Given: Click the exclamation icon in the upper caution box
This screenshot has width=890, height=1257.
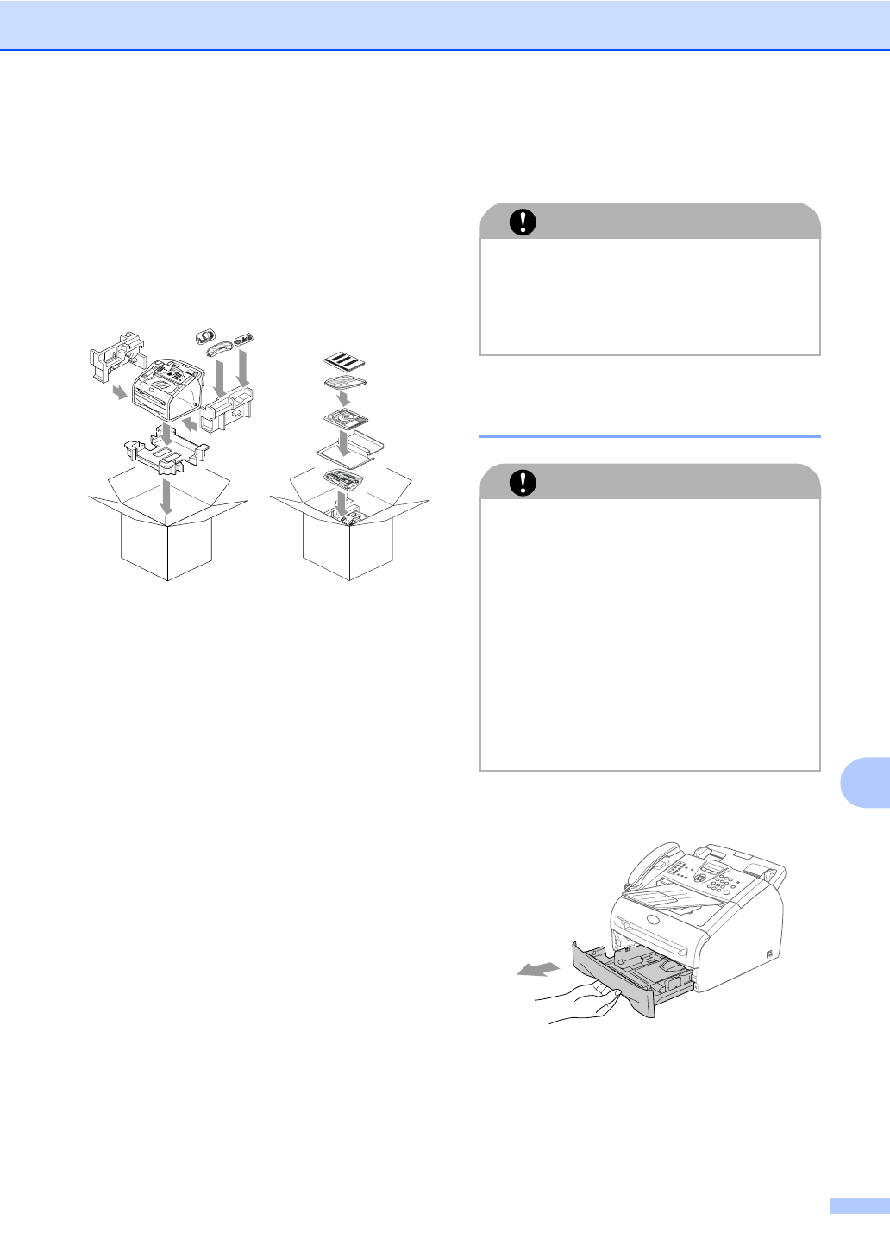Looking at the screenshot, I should click(x=522, y=222).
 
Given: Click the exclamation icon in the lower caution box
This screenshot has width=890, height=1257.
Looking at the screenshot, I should click(x=522, y=483).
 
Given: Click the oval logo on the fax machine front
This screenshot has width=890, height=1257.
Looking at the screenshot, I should click(x=652, y=920).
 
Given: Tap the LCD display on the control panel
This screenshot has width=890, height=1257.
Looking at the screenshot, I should click(x=712, y=864).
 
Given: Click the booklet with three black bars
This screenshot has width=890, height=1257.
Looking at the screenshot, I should click(x=346, y=360).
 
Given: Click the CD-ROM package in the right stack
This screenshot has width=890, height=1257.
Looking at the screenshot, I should click(x=346, y=421).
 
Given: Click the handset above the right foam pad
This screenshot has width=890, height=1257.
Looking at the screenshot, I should click(x=221, y=347).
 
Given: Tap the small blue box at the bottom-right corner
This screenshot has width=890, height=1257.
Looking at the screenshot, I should click(x=859, y=1205).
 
